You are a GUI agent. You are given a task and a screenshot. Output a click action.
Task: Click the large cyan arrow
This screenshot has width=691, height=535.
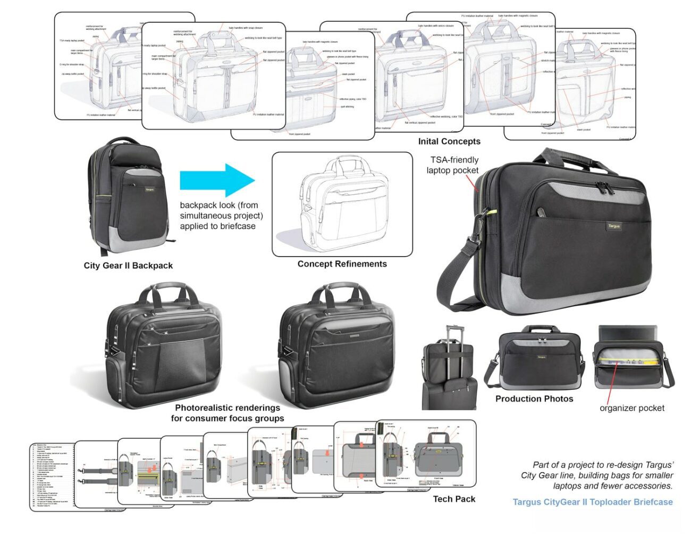pyautogui.click(x=217, y=180)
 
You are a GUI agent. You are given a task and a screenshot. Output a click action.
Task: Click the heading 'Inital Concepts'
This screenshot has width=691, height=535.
pyautogui.click(x=449, y=142)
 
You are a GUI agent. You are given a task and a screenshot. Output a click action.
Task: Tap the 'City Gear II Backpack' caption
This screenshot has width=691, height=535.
pyautogui.click(x=128, y=266)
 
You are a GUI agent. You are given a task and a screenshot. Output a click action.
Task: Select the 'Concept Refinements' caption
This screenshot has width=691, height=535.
pyautogui.click(x=342, y=264)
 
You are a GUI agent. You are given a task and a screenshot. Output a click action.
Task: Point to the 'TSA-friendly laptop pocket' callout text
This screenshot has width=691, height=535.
pyautogui.click(x=453, y=165)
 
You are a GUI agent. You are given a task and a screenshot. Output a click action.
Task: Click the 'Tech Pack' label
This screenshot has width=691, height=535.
pyautogui.click(x=454, y=499)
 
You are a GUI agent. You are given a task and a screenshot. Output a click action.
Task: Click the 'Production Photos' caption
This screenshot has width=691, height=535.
pyautogui.click(x=534, y=399)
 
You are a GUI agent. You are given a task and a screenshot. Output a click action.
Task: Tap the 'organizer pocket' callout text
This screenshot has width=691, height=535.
pyautogui.click(x=632, y=408)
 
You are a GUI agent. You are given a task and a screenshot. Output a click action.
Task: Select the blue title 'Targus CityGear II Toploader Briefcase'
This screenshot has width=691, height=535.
pyautogui.click(x=593, y=502)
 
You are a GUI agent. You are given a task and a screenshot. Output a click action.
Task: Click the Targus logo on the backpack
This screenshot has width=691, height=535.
pyautogui.click(x=149, y=189)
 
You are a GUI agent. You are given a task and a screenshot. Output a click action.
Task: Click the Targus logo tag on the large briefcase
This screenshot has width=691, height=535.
pyautogui.click(x=613, y=226)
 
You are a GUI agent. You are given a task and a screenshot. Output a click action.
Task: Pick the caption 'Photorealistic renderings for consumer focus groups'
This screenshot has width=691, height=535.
pyautogui.click(x=227, y=413)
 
